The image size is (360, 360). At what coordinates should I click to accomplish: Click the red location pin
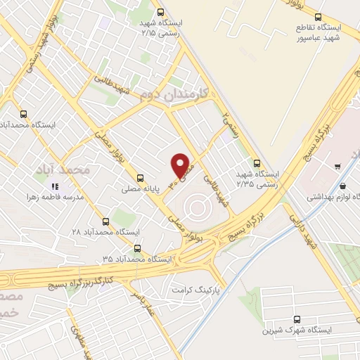pos(181,165)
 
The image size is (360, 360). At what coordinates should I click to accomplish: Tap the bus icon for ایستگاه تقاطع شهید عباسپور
pos(319,17)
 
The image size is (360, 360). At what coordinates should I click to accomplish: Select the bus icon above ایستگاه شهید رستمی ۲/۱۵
pos(161,12)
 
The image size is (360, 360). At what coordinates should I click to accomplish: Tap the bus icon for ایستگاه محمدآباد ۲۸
pos(105,221)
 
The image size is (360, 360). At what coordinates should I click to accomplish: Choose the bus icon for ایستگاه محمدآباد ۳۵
pos(136,248)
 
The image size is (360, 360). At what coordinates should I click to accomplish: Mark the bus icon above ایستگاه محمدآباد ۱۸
pos(24,114)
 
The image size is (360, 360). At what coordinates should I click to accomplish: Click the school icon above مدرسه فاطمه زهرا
pos(53,186)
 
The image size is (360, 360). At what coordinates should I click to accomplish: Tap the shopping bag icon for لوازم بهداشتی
pos(342,186)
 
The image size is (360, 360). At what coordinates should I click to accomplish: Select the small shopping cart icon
pos(338,167)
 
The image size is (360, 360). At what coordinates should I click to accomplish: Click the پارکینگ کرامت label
pos(197,289)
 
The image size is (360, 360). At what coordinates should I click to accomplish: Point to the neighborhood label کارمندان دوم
pos(172,93)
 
